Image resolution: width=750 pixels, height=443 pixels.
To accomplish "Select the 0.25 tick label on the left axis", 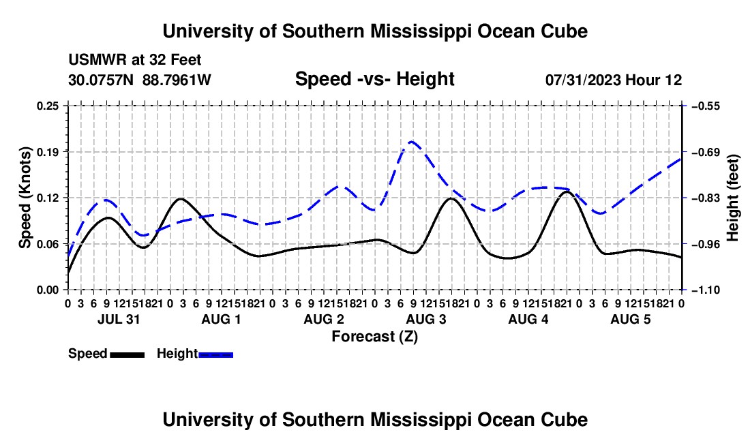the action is point(48,106).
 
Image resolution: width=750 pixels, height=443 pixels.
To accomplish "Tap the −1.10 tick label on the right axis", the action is point(706,290).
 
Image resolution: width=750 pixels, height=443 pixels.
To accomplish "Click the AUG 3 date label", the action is point(425,319).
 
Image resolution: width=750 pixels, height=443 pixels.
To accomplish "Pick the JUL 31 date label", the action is point(119,319).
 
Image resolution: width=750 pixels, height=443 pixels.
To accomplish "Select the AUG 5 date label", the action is point(631,319).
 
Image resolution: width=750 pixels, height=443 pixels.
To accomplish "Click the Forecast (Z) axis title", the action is point(375,337).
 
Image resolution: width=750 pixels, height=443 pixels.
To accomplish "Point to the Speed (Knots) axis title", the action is point(25,198).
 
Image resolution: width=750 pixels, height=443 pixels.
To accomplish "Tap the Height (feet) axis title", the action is point(732,198).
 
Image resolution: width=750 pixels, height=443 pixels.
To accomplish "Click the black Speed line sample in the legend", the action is point(127,355).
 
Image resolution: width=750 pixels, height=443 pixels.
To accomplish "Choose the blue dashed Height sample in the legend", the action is point(215,355).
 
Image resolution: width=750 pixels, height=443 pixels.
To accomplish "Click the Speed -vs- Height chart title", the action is point(375,79).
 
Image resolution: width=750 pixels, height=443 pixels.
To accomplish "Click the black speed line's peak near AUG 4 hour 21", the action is point(567,192).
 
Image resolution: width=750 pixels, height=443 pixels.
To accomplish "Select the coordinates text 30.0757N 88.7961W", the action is point(140,80).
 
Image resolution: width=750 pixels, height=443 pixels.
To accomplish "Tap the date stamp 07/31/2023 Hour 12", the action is point(614,80).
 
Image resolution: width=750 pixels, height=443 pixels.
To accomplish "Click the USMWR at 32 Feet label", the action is point(135,60).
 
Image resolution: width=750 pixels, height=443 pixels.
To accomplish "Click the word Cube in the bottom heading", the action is point(567,420).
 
